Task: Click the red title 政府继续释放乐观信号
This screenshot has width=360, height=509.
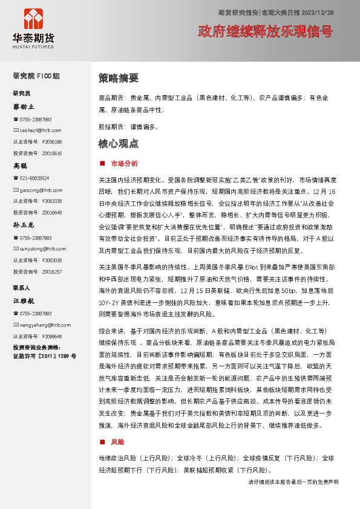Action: pyautogui.click(x=266, y=31)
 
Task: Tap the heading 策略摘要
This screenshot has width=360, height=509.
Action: pyautogui.click(x=119, y=78)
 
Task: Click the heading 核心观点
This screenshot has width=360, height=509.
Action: pyautogui.click(x=119, y=144)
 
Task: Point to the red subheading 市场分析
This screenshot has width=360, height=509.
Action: pyautogui.click(x=124, y=163)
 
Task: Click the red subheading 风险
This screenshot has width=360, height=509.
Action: pyautogui.click(x=117, y=441)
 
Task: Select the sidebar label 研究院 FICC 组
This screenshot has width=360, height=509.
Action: pyautogui.click(x=36, y=76)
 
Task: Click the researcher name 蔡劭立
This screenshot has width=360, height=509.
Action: pyautogui.click(x=24, y=107)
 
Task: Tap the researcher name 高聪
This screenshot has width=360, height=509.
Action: pyautogui.click(x=21, y=166)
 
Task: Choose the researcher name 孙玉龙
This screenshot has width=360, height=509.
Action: pyautogui.click(x=24, y=225)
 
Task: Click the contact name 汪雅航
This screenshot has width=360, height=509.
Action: pyautogui.click(x=24, y=300)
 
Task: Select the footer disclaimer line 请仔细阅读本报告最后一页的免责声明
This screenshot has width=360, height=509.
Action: pyautogui.click(x=293, y=482)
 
